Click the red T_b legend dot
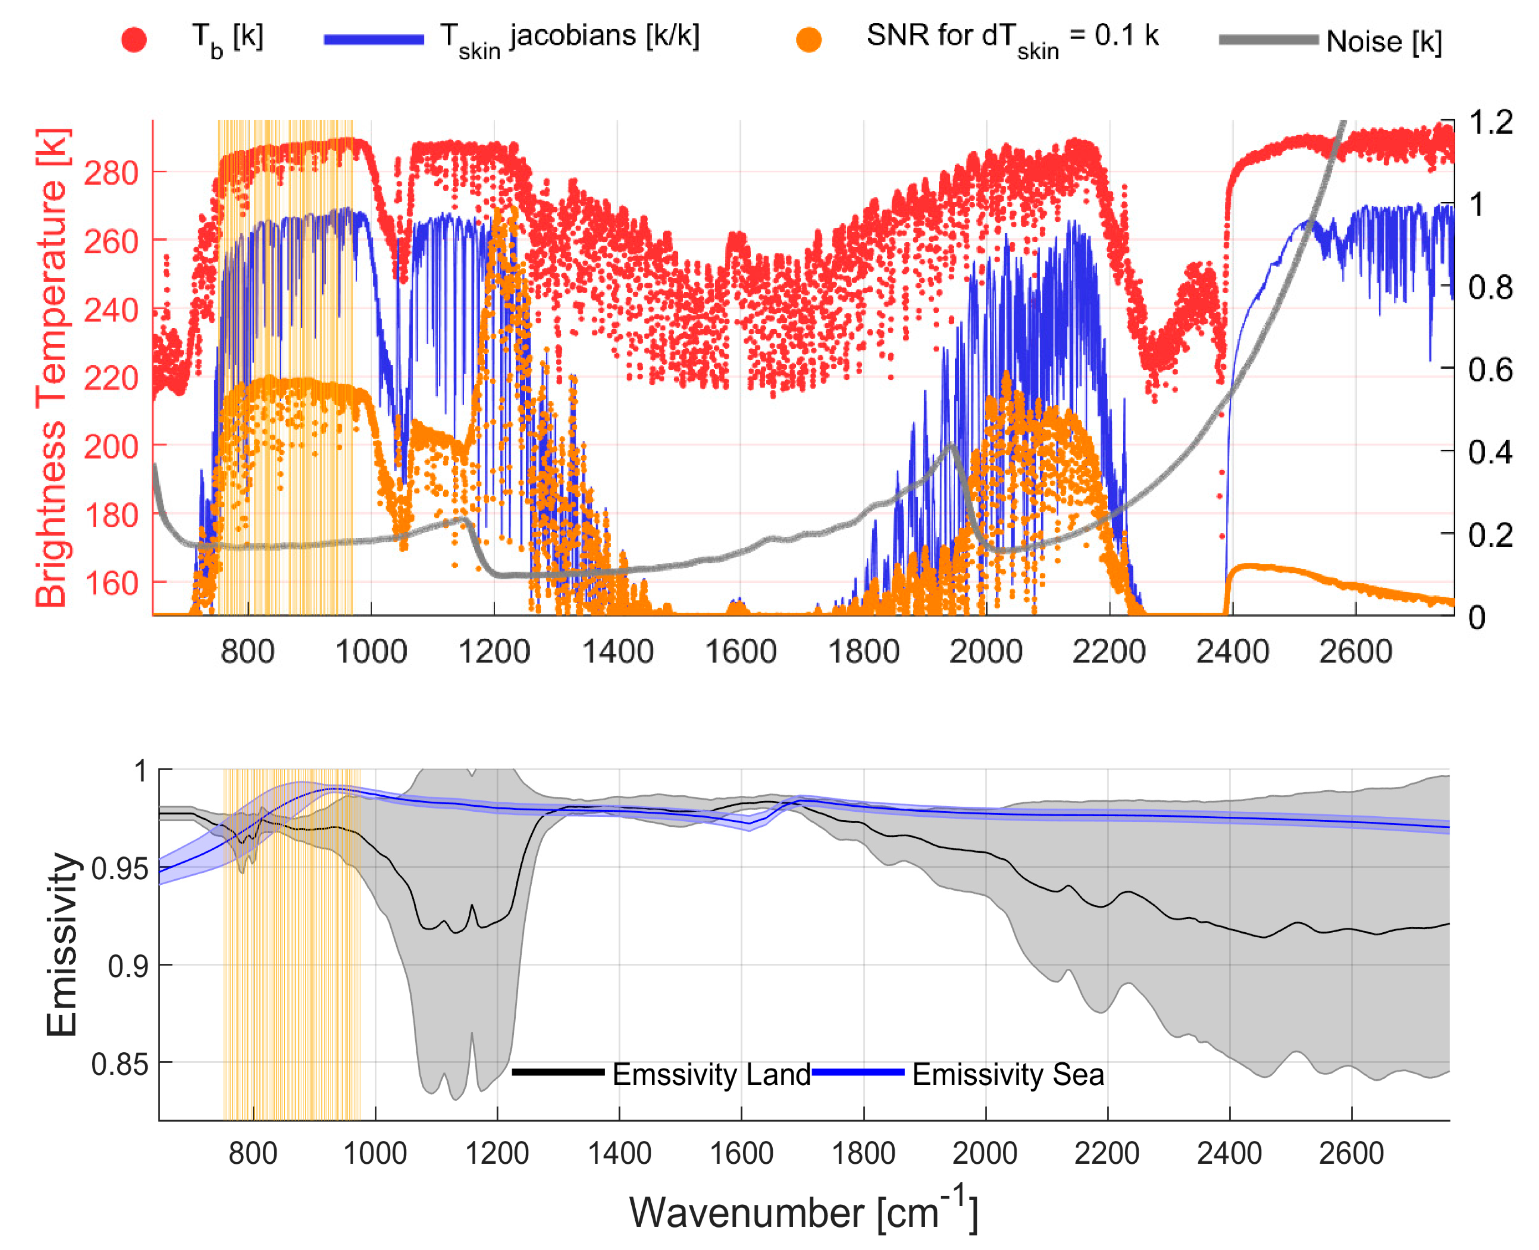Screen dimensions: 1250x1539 [134, 40]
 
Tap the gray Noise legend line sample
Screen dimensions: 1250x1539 [1268, 40]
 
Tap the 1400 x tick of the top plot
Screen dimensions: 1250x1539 [617, 651]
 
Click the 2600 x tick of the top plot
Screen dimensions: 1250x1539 [1355, 651]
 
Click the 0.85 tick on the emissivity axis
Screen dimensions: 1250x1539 [120, 1064]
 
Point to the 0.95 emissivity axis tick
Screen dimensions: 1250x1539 [120, 869]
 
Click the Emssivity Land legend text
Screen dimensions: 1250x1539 [711, 1074]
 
